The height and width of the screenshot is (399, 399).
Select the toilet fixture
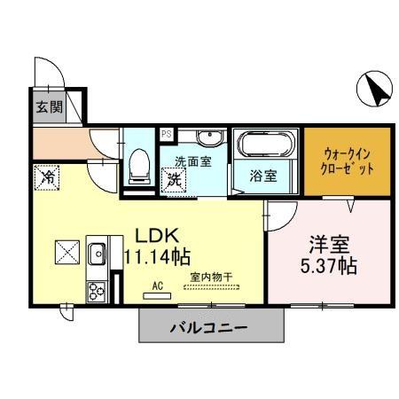tap(139, 164)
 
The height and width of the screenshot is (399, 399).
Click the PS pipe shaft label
tap(166, 135)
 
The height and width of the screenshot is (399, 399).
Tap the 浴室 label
tap(262, 175)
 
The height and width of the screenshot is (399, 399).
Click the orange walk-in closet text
tap(341, 160)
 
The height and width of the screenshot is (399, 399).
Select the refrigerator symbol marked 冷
tap(47, 177)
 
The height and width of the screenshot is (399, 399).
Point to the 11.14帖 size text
tap(157, 258)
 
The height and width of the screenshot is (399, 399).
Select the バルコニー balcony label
tap(209, 328)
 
